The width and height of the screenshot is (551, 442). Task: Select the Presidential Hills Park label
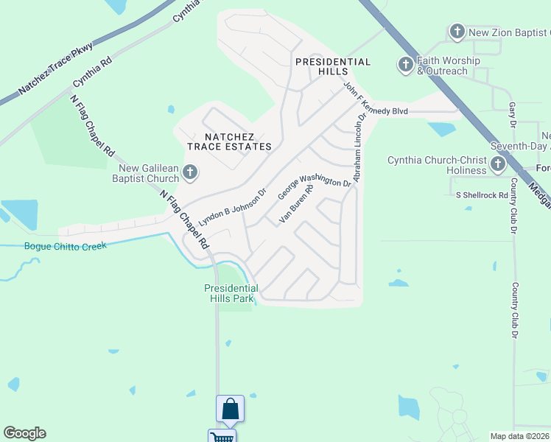coord(231,293)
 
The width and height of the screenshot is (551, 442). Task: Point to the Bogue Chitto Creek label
coord(65,246)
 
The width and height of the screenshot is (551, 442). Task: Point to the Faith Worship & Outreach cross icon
coord(405,66)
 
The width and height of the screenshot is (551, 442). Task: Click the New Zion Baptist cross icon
coord(457,32)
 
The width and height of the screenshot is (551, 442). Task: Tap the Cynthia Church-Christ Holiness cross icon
coord(498,164)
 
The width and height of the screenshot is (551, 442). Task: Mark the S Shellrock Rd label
coord(482,195)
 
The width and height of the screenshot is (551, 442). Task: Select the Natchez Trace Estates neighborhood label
coord(229,141)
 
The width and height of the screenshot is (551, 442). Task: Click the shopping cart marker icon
coord(221,437)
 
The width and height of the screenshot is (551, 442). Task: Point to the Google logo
coord(24,433)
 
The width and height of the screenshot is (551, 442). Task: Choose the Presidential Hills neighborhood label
coord(332,67)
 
